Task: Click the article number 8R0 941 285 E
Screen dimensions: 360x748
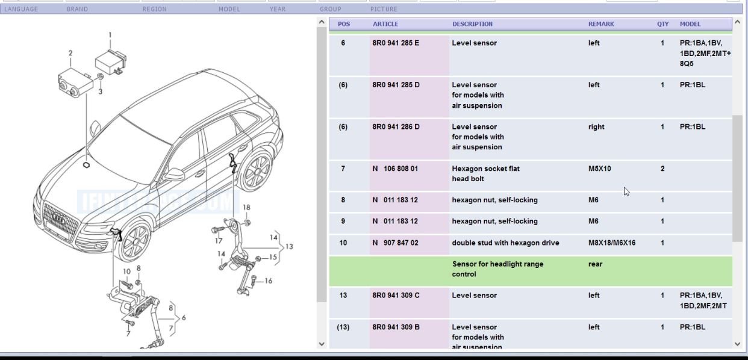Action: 396,43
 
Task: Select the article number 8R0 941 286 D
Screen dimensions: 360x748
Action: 396,126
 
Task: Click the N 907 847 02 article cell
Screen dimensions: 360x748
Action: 395,243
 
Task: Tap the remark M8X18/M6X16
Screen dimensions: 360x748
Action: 611,243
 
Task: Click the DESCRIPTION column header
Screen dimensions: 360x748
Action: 472,24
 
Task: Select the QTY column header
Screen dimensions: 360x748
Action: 662,24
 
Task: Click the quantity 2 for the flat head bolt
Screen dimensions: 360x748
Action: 662,169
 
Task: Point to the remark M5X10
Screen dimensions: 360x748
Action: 599,169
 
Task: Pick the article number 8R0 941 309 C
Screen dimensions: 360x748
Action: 396,295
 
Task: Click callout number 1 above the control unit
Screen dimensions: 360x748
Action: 110,35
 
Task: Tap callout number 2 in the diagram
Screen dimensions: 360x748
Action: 70,53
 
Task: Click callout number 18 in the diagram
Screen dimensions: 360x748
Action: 246,207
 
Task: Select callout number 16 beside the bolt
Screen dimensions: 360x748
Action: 268,281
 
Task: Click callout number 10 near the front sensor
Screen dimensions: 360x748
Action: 126,272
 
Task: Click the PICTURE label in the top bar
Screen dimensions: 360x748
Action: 384,9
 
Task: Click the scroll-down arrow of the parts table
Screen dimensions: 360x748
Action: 737,344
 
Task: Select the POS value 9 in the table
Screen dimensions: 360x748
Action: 343,221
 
